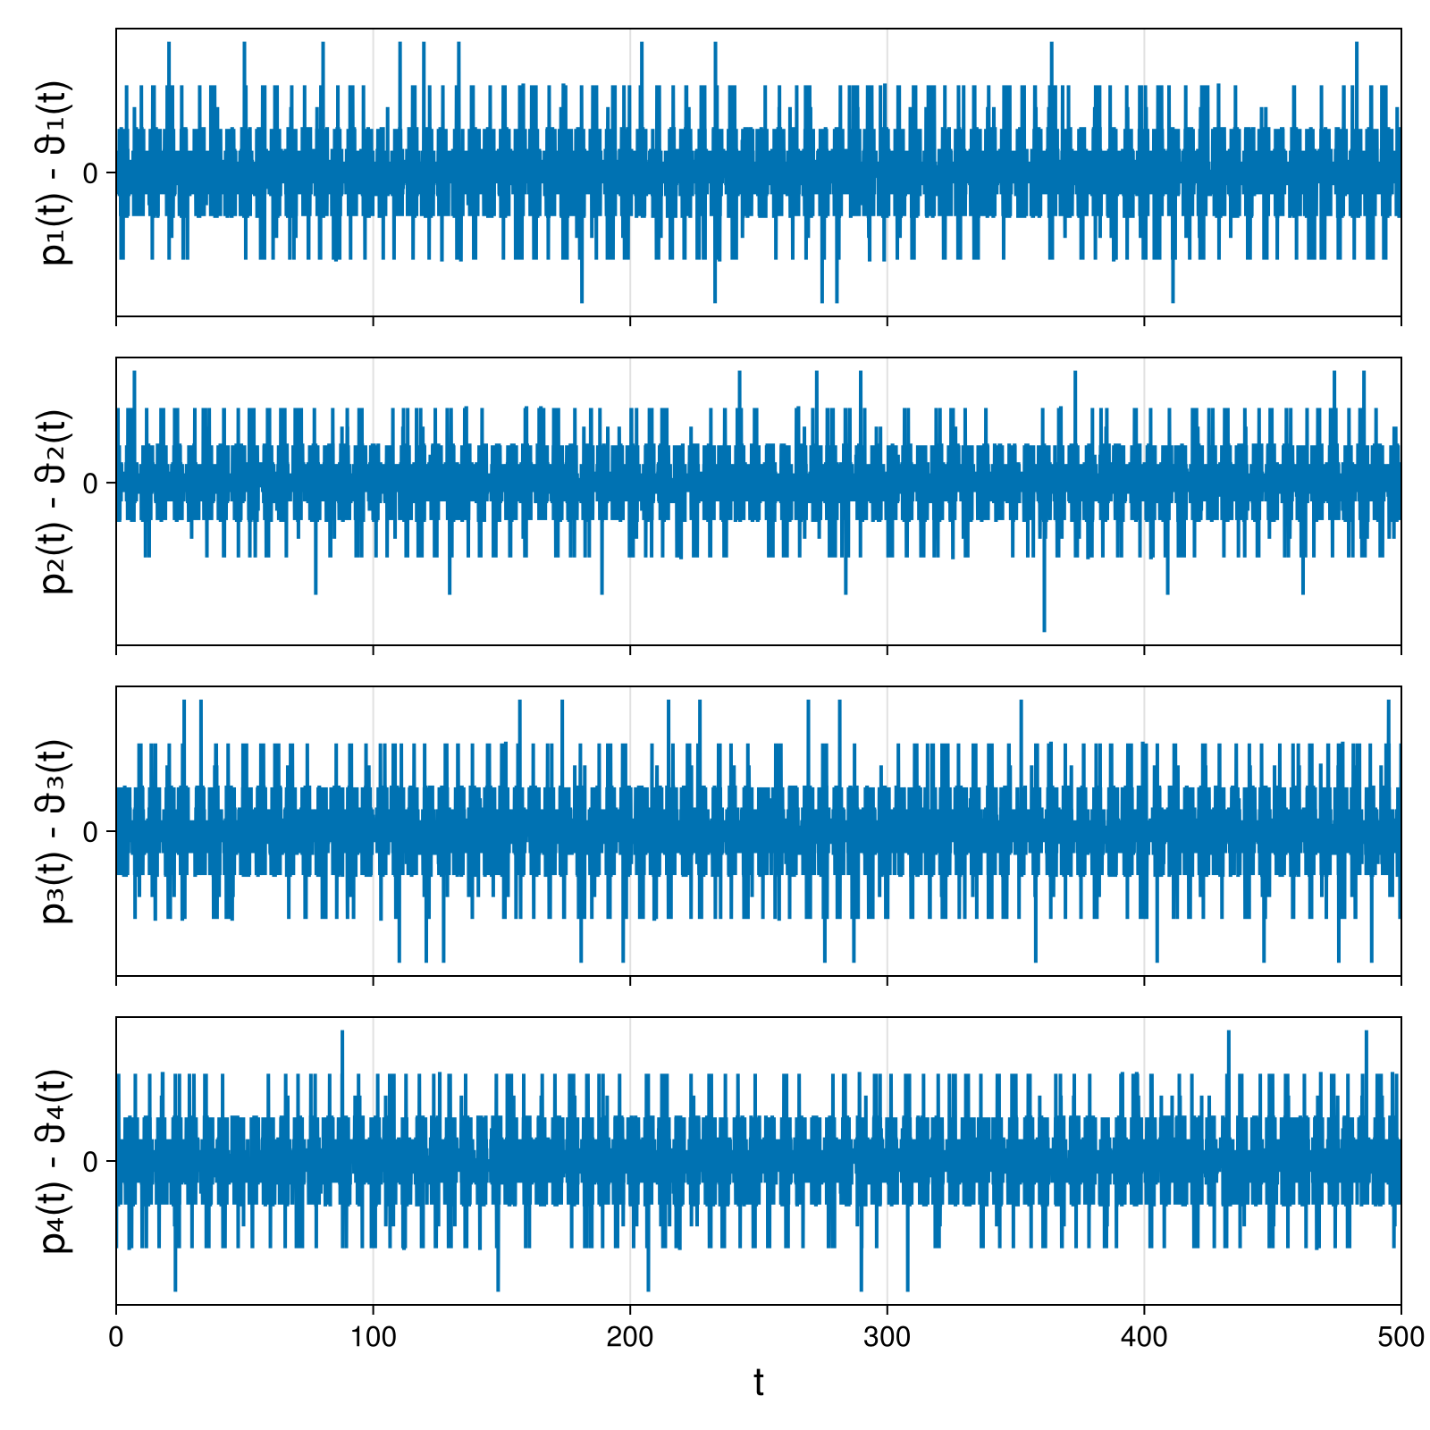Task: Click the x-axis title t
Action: click(x=759, y=1383)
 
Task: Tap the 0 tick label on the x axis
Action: click(x=116, y=1337)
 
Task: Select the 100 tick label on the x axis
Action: click(x=373, y=1337)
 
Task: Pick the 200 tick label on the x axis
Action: click(x=630, y=1337)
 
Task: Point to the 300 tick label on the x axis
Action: click(x=887, y=1337)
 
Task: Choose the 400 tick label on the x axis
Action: click(x=1144, y=1337)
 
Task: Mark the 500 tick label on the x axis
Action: click(x=1401, y=1337)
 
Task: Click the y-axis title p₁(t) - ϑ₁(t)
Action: click(x=57, y=172)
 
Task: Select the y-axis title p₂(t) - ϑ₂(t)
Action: click(x=57, y=501)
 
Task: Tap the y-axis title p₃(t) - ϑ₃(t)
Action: click(x=57, y=831)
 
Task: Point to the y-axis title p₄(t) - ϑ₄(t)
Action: click(x=57, y=1161)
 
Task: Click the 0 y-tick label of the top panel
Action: click(x=89, y=172)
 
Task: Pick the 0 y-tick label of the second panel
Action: click(x=89, y=483)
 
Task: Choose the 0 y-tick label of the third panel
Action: click(x=89, y=831)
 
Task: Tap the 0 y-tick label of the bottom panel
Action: click(x=89, y=1161)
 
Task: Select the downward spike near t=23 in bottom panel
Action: click(x=175, y=1289)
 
